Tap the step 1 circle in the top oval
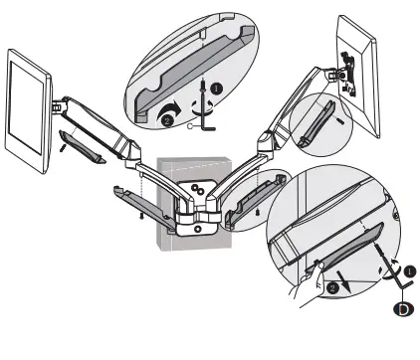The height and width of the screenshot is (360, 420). (215, 87)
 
